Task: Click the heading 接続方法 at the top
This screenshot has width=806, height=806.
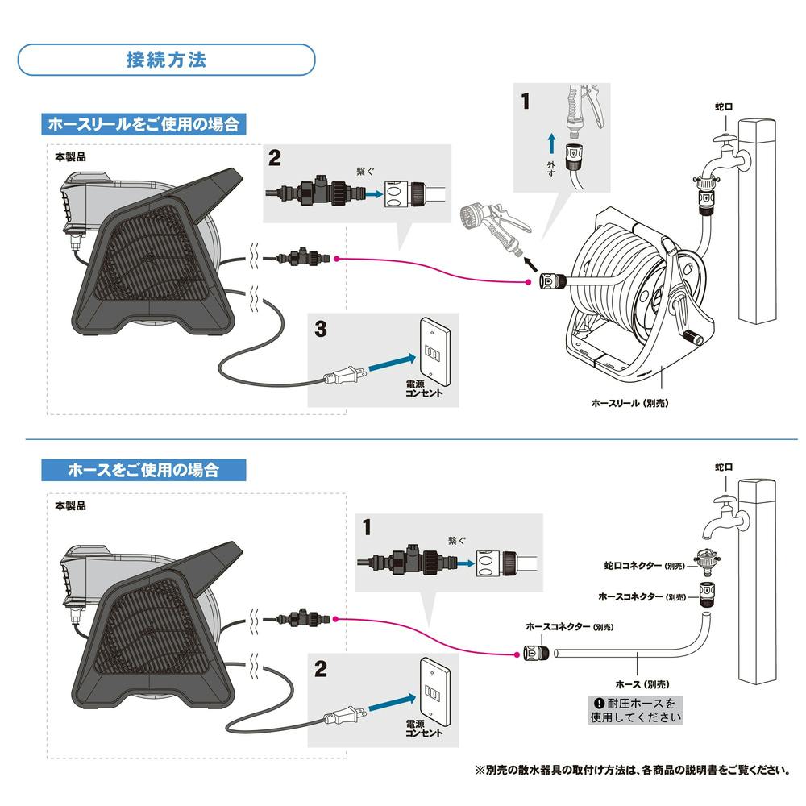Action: pyautogui.click(x=166, y=60)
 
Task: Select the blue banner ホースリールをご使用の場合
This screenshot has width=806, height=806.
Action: pyautogui.click(x=143, y=124)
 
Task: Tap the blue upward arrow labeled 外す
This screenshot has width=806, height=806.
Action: pyautogui.click(x=550, y=145)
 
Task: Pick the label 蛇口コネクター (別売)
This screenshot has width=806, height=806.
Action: pyautogui.click(x=644, y=567)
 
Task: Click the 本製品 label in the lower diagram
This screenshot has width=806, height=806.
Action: pyautogui.click(x=71, y=506)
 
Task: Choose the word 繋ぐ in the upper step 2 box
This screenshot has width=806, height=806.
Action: pyautogui.click(x=368, y=172)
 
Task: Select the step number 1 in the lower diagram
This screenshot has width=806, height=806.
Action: pyautogui.click(x=368, y=528)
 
